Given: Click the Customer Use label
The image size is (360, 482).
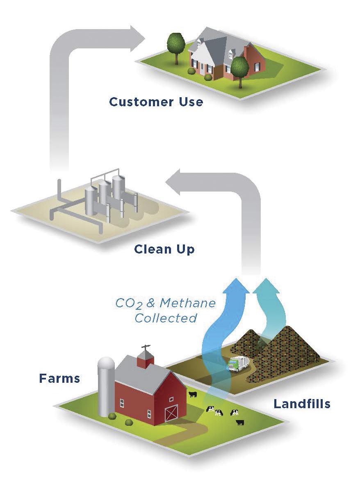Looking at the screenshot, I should (156, 101).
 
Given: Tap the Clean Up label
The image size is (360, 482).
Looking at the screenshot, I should (164, 249).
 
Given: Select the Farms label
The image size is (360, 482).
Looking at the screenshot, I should (59, 378).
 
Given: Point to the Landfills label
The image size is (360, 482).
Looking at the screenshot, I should (302, 404).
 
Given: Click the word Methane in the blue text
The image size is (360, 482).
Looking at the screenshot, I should (187, 304).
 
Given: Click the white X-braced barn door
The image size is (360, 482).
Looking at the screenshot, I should (171, 413).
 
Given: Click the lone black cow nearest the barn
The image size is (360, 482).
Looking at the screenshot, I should (192, 395).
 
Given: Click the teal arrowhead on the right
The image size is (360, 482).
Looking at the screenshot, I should (267, 286).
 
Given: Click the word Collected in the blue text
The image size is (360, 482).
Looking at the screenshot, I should (166, 318).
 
